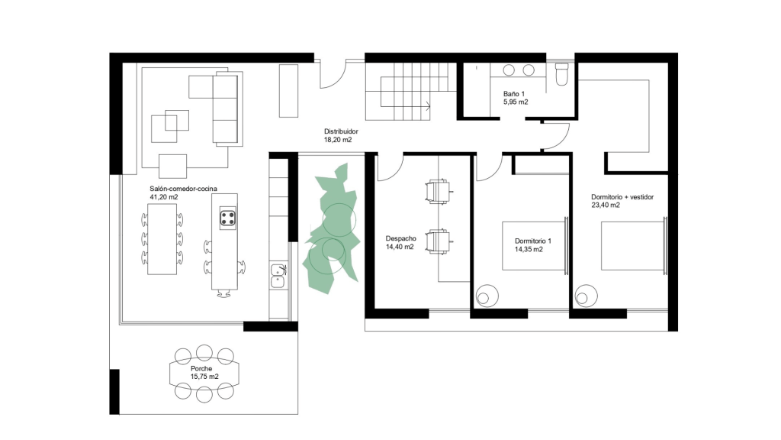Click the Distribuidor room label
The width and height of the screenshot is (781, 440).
click(x=341, y=131)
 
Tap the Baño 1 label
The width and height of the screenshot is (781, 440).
click(x=513, y=94)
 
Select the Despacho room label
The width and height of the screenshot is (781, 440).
click(x=401, y=238)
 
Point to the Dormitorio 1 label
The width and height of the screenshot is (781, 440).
click(x=533, y=241)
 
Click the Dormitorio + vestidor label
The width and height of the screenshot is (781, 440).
click(x=622, y=197)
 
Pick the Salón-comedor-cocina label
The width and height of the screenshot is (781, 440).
click(x=183, y=189)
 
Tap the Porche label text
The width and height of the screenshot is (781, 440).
click(x=201, y=369)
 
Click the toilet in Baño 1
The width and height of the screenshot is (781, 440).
click(x=561, y=74)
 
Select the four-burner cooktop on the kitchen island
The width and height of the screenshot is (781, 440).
click(x=228, y=218)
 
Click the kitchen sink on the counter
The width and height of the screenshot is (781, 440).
click(x=278, y=276)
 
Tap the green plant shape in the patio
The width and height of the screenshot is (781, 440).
click(x=333, y=229)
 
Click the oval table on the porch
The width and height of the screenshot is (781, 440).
click(x=204, y=373)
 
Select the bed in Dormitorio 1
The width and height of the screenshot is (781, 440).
click(x=535, y=246)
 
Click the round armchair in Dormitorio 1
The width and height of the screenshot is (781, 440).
click(x=487, y=296)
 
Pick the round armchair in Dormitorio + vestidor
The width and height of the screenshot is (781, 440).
click(x=586, y=296)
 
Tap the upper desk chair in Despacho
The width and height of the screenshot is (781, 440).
click(x=439, y=192)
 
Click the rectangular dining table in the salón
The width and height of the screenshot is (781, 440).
click(x=162, y=239)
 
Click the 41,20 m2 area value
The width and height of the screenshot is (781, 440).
click(x=164, y=197)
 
